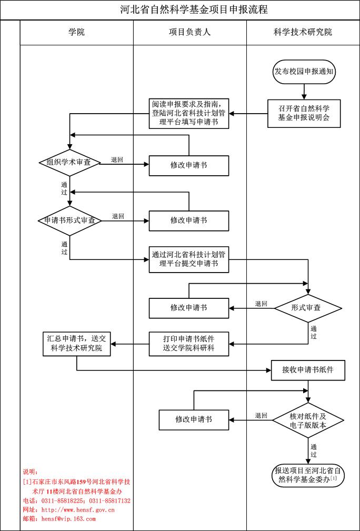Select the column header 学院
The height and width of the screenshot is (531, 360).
(x=76, y=33)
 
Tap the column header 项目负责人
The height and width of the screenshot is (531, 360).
(x=189, y=33)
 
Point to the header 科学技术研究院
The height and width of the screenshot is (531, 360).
(x=303, y=33)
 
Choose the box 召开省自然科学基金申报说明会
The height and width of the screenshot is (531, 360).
(x=304, y=113)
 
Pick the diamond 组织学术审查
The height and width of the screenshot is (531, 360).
(x=69, y=163)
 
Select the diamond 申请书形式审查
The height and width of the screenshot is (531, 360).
(x=69, y=221)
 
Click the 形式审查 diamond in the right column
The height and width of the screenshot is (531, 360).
(x=308, y=308)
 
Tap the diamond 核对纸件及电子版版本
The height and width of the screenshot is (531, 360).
(x=308, y=420)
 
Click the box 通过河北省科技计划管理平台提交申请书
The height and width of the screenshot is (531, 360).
(x=189, y=259)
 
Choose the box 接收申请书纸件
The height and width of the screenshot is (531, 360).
(x=309, y=370)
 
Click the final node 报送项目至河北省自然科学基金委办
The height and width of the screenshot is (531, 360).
(x=308, y=475)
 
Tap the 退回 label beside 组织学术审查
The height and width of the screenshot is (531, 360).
(x=117, y=159)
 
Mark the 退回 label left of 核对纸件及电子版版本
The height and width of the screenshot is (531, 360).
(x=261, y=416)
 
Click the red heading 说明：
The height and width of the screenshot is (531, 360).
(x=31, y=472)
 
